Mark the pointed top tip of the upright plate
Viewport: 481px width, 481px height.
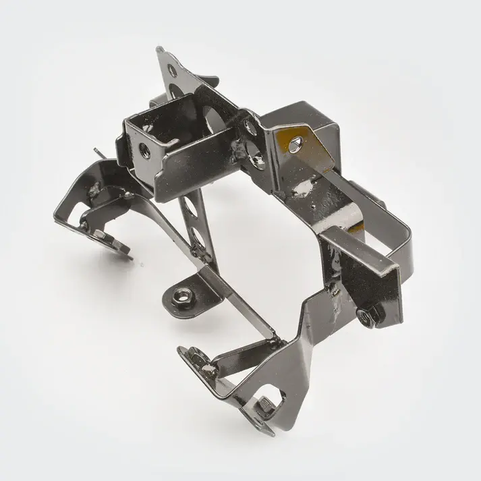[x=159, y=49]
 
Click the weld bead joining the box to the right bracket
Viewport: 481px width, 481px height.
[x=242, y=146]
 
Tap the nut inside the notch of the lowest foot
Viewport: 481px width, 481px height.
[x=264, y=405]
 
